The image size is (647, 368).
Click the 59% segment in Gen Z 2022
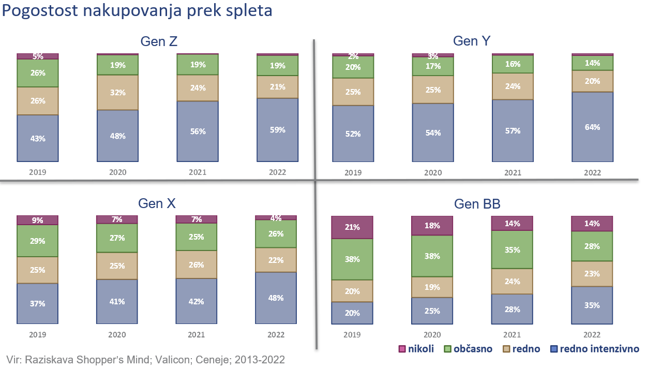(x=278, y=130)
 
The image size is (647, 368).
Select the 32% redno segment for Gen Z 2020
(x=117, y=93)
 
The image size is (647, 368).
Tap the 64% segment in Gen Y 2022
(x=593, y=127)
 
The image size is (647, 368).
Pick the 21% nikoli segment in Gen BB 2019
(x=352, y=227)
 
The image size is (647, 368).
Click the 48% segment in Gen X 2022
(x=276, y=298)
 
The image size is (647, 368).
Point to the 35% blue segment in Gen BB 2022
(x=592, y=305)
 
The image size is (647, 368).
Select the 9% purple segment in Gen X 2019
(x=38, y=220)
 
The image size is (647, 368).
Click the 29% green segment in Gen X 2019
(x=38, y=241)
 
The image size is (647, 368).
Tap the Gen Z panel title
(x=159, y=42)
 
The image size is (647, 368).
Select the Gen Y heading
(x=472, y=41)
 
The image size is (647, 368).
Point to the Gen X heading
(x=157, y=203)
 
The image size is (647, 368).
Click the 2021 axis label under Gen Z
(x=198, y=172)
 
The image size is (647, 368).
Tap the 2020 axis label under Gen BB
(x=432, y=335)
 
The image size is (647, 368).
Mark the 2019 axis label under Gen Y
(x=353, y=172)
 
